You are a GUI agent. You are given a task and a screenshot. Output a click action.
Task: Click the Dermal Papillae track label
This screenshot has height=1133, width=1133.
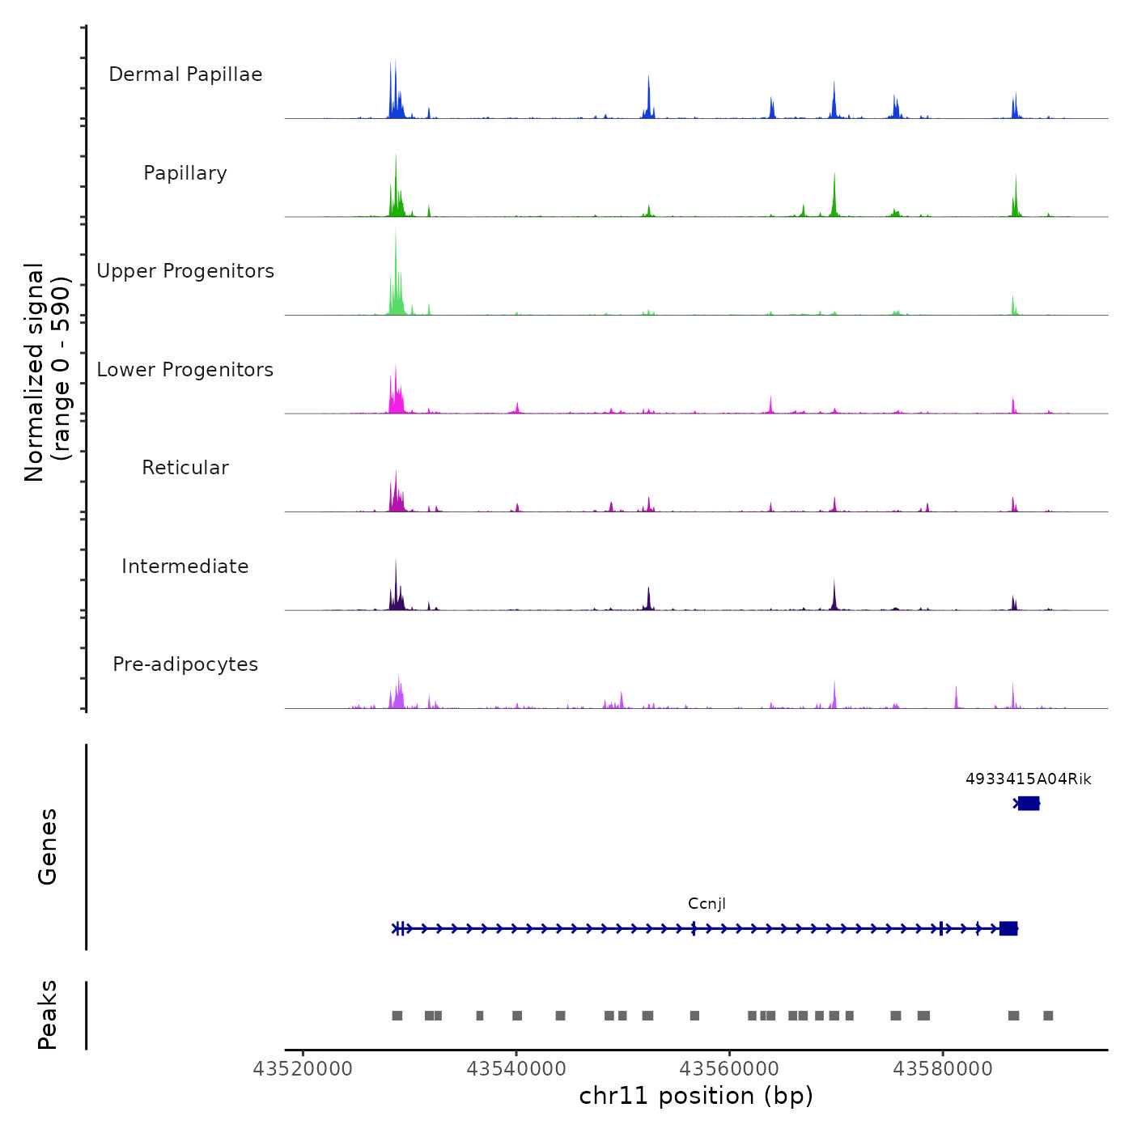pyautogui.click(x=185, y=74)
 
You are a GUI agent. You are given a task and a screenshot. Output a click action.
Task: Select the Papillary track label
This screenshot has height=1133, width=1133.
pyautogui.click(x=185, y=173)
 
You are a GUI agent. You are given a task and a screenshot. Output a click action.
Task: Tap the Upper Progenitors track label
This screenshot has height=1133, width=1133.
pyautogui.click(x=185, y=271)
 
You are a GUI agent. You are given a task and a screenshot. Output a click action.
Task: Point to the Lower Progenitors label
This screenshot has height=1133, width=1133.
pyautogui.click(x=185, y=370)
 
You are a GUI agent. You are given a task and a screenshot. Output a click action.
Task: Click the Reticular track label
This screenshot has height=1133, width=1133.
pyautogui.click(x=185, y=468)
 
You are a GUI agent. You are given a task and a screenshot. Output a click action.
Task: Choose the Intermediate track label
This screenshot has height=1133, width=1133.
pyautogui.click(x=185, y=566)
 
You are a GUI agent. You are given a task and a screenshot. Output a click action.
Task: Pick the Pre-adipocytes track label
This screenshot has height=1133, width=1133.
pyautogui.click(x=185, y=664)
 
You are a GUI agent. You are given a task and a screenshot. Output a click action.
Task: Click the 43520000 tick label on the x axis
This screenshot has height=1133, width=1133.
pyautogui.click(x=303, y=1069)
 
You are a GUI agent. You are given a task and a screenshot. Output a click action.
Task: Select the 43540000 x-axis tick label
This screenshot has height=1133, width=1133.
pyautogui.click(x=516, y=1069)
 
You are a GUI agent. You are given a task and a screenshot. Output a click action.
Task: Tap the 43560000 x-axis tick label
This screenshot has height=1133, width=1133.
pyautogui.click(x=729, y=1069)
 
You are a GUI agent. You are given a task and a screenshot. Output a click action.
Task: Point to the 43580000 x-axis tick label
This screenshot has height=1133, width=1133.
pyautogui.click(x=943, y=1069)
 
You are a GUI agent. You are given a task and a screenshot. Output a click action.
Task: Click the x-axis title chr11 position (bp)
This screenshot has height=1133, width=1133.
pyautogui.click(x=696, y=1096)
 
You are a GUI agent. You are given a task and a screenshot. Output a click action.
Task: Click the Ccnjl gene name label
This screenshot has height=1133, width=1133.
pyautogui.click(x=707, y=904)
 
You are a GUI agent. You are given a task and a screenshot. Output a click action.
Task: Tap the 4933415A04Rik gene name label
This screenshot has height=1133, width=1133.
pyautogui.click(x=1028, y=779)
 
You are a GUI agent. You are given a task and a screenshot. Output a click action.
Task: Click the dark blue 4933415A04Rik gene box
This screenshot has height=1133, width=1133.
pyautogui.click(x=1029, y=803)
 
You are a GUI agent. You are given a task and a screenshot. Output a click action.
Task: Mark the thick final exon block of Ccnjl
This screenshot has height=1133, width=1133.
pyautogui.click(x=1008, y=928)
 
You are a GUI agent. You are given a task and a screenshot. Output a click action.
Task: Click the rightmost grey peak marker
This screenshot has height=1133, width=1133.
pyautogui.click(x=1048, y=1016)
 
